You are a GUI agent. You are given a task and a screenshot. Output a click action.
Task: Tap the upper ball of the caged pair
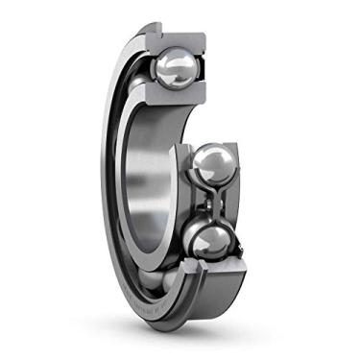(x=212, y=166)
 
